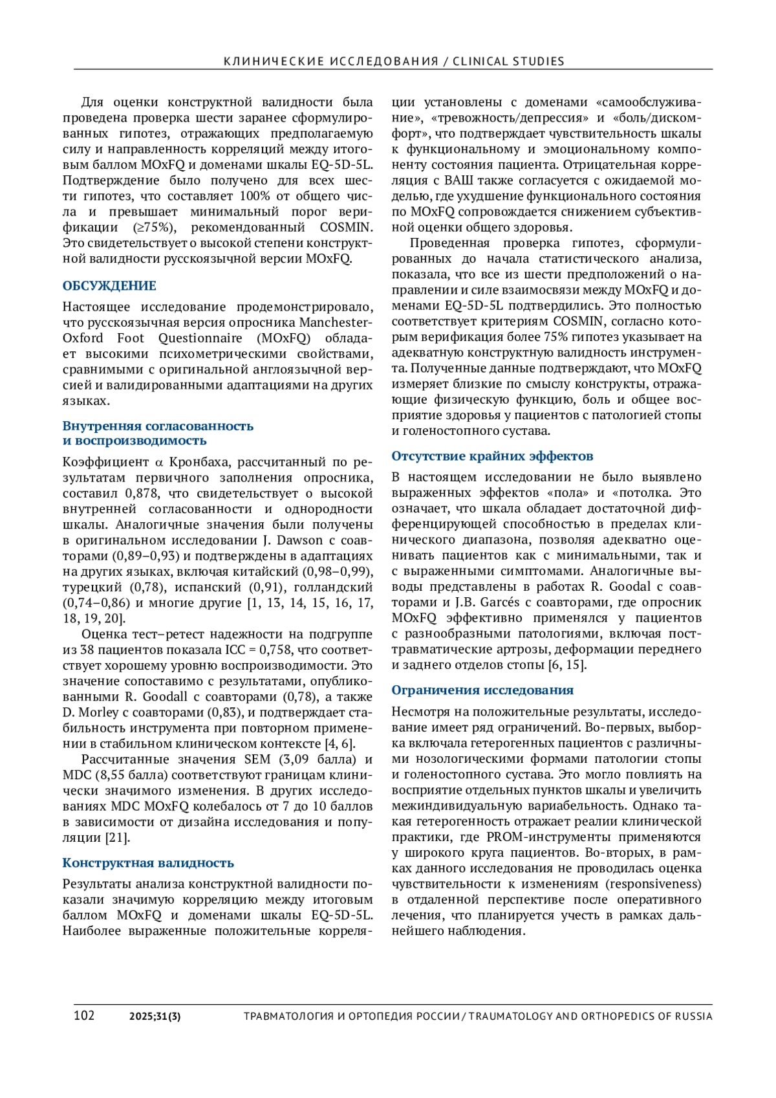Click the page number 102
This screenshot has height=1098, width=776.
click(84, 1015)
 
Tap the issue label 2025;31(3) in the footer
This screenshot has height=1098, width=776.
click(155, 1016)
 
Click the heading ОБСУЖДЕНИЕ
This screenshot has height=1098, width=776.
click(109, 286)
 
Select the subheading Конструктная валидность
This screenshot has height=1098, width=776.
click(148, 862)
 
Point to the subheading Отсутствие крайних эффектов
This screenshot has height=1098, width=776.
click(492, 456)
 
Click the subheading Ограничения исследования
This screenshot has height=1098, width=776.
click(482, 690)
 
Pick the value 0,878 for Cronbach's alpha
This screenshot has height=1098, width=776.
click(137, 494)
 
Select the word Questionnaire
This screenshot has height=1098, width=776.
click(200, 338)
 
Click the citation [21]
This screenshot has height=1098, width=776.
click(118, 838)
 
